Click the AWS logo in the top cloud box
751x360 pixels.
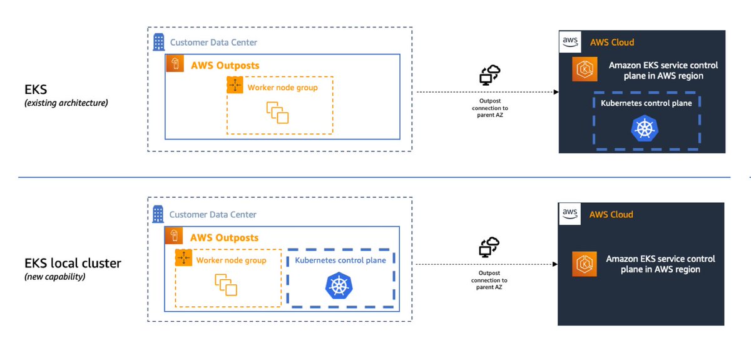point(570,42)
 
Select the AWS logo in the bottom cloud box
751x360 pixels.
point(570,213)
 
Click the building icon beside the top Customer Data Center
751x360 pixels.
point(158,42)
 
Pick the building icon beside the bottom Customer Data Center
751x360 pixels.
point(158,213)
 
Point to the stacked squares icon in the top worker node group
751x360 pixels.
point(277,113)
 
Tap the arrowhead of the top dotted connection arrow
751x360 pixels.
point(555,92)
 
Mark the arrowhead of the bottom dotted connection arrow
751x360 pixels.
point(555,265)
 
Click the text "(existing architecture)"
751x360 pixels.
point(66,103)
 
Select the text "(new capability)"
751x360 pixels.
point(54,276)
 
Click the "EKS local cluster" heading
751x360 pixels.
point(73,263)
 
